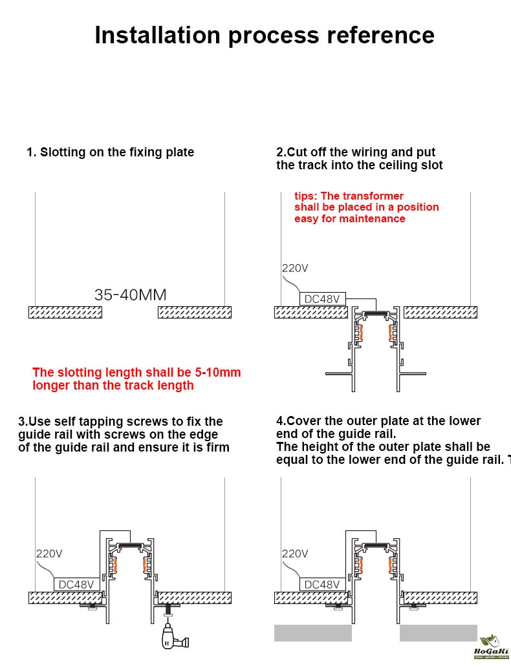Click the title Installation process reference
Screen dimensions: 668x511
264,35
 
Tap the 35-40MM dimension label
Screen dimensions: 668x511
130,295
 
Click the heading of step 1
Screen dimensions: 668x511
110,152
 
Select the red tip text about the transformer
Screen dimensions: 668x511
366,207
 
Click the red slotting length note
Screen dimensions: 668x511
136,379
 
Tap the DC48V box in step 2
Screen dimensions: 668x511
322,299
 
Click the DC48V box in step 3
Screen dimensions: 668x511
76,585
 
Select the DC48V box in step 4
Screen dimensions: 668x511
322,585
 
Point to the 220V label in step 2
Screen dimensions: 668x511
295,268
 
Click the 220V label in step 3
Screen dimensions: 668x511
49,554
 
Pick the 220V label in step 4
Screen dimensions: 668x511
295,554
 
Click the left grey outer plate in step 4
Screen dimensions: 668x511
312,633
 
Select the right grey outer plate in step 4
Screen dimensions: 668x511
438,633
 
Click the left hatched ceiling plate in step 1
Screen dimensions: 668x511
65,313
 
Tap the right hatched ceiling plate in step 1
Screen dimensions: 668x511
195,313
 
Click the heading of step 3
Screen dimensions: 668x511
124,434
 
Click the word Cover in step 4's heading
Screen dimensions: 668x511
304,421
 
